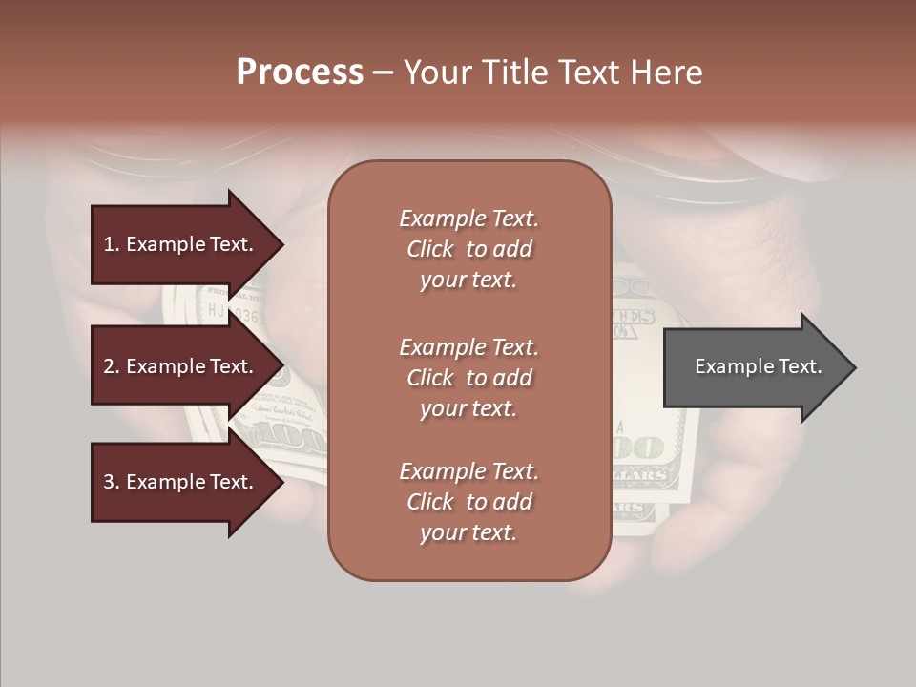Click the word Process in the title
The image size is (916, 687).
tap(300, 73)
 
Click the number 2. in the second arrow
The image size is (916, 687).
tap(112, 366)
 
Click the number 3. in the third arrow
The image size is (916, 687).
tap(112, 482)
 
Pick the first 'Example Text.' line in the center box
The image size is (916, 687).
tap(468, 219)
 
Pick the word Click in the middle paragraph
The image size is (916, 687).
tap(430, 378)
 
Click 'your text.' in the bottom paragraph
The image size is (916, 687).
tap(468, 532)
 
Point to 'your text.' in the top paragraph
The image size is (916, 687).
tap(468, 280)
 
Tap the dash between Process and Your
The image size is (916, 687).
tap(383, 73)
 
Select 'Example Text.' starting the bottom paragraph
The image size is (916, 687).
tap(468, 471)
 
